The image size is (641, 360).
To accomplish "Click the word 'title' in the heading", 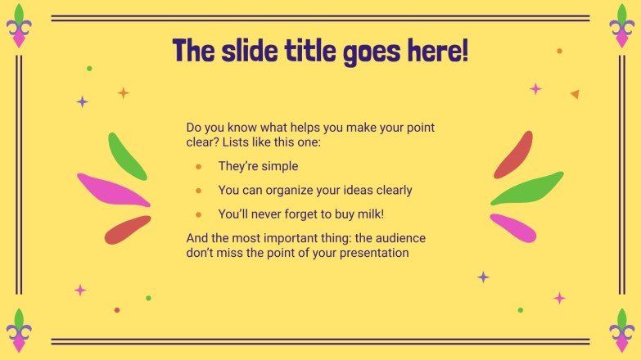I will point(273,51).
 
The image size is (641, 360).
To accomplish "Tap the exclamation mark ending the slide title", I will point(465,51).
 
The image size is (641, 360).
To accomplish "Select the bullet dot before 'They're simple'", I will point(198,166).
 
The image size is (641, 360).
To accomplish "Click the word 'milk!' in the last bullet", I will point(368,214).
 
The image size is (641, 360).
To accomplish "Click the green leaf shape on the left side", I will point(127,155).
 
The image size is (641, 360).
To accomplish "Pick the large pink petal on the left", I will point(112,190).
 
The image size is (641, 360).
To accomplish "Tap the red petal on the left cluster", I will point(128,230).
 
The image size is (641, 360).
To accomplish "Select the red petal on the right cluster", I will point(513,155).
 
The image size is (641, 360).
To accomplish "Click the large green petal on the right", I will point(527,189).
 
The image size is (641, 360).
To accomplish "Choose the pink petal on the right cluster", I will point(513,228).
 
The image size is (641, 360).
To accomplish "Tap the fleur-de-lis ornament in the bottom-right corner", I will point(622,331).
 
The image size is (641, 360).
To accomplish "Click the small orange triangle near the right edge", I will point(575,94).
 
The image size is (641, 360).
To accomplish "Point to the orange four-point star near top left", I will point(124,92).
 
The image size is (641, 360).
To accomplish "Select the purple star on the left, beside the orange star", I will point(82,101).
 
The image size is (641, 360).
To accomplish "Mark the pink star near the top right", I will point(535,88).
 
